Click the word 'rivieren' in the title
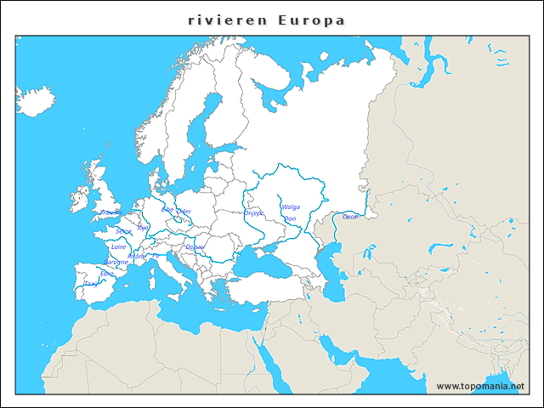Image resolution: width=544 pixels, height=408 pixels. [x=226, y=20]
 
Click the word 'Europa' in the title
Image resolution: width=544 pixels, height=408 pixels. [x=311, y=20]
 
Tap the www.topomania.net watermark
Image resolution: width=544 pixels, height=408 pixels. [x=480, y=386]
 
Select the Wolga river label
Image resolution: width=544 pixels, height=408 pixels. [x=291, y=207]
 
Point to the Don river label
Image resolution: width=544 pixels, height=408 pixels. [x=289, y=218]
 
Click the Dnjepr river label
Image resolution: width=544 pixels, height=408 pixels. [x=254, y=213]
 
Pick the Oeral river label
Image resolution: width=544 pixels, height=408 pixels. [x=350, y=217]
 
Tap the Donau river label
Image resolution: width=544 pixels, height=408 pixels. [x=195, y=246]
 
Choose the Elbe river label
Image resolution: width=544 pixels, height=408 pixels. [x=167, y=210]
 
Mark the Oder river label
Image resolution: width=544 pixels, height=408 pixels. [x=183, y=211]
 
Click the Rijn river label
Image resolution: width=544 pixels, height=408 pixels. [x=142, y=228]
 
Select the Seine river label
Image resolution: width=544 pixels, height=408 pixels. [x=124, y=230]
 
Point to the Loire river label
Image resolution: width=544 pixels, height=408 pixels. [x=119, y=246]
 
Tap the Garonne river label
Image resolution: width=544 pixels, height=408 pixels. [x=116, y=262]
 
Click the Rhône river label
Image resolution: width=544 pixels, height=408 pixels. [x=136, y=256]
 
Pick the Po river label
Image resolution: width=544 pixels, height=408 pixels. [x=156, y=255]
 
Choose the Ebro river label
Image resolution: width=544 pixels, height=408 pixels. [x=106, y=274]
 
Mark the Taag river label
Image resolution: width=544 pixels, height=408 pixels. [x=90, y=284]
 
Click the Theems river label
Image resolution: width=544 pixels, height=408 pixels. [x=110, y=212]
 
